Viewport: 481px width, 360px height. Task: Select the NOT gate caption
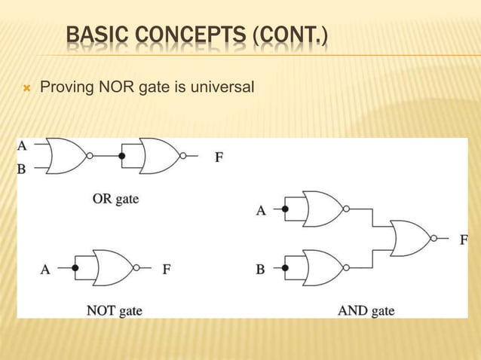[114, 310]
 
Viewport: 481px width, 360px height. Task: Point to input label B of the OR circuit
[22, 169]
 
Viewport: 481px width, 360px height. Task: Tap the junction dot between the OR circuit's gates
[122, 157]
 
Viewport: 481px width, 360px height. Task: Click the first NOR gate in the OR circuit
[67, 157]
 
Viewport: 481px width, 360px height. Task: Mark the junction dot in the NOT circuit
[75, 267]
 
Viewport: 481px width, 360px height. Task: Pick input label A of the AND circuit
[261, 211]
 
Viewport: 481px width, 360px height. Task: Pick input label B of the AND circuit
[260, 269]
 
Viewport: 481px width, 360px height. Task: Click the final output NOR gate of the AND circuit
[409, 239]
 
